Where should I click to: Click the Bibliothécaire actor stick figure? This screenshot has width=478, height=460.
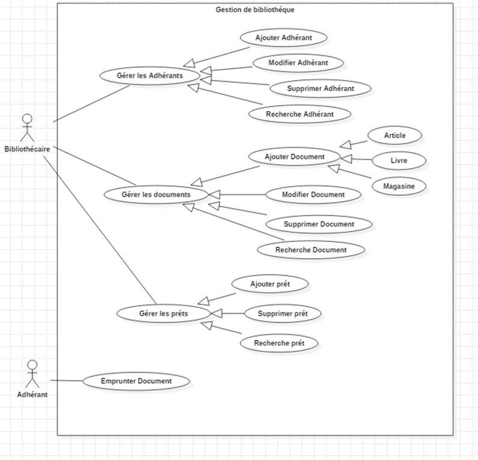[x=26, y=127]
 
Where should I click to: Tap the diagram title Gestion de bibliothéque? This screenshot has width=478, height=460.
[x=255, y=10]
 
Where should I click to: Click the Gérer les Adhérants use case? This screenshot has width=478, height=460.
[x=149, y=76]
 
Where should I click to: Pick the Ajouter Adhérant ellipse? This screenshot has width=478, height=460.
[x=283, y=37]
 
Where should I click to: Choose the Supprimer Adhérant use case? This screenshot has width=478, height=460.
[x=320, y=88]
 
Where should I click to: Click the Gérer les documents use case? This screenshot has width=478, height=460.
[x=156, y=195]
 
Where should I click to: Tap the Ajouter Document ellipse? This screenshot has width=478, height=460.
[x=295, y=157]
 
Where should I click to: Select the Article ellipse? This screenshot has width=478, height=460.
[x=395, y=136]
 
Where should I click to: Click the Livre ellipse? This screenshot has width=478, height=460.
[x=399, y=161]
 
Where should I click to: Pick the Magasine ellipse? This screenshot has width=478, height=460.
[x=399, y=186]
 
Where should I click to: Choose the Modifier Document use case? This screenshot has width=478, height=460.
[x=313, y=195]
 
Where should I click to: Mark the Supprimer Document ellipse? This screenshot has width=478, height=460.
[x=319, y=224]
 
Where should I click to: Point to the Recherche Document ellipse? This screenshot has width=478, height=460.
[x=311, y=249]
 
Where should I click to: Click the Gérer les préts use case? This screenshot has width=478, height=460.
[x=163, y=313]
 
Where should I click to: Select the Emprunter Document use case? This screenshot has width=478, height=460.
[x=136, y=381]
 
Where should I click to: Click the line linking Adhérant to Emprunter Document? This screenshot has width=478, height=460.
[x=66, y=381]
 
